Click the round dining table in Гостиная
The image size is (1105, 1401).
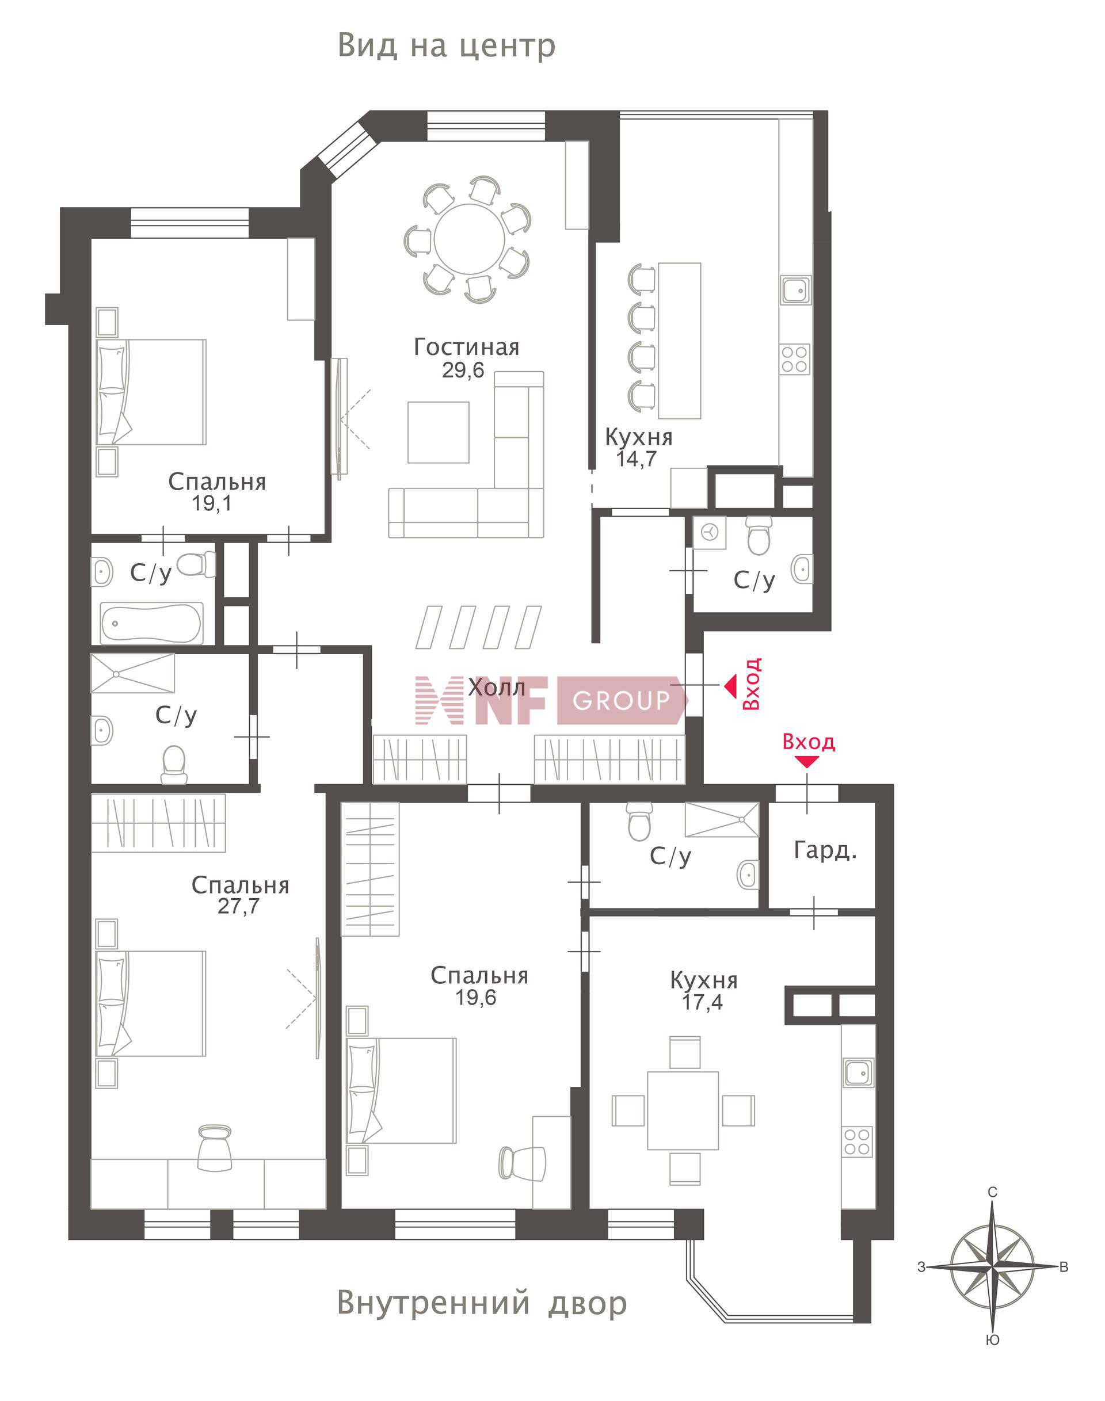470,240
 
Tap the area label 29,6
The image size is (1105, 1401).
463,371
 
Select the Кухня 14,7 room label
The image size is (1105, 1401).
639,447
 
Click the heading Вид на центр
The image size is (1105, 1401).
447,46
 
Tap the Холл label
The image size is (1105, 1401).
497,687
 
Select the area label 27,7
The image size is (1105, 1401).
238,906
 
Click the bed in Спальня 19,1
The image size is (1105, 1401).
151,392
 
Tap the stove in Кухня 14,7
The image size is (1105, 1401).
794,359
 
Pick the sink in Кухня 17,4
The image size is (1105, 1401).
858,1072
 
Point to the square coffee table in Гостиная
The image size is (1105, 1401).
438,432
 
